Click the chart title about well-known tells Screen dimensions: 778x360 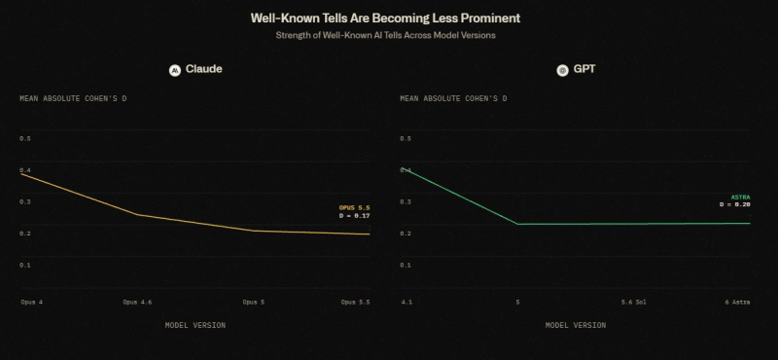385,18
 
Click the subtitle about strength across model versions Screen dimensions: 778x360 385,35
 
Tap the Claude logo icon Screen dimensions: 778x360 175,70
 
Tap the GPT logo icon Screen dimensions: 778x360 562,70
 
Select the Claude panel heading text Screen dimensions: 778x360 204,69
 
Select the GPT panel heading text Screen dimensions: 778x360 584,69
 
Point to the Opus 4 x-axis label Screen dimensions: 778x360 32,302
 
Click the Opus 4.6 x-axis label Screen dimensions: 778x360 137,302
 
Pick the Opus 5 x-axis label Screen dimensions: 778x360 254,302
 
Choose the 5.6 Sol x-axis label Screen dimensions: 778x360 634,302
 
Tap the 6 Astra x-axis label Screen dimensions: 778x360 738,302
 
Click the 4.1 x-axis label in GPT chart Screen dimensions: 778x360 407,302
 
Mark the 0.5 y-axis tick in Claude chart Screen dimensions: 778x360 25,138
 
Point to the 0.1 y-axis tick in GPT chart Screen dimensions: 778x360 406,266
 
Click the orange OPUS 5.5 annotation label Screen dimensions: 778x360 355,208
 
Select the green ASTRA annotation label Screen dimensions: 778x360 741,198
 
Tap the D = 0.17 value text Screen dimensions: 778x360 355,216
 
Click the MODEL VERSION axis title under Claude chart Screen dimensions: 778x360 195,325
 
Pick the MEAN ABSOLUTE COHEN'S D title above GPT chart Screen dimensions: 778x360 453,99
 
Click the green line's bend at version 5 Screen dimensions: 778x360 517,224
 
